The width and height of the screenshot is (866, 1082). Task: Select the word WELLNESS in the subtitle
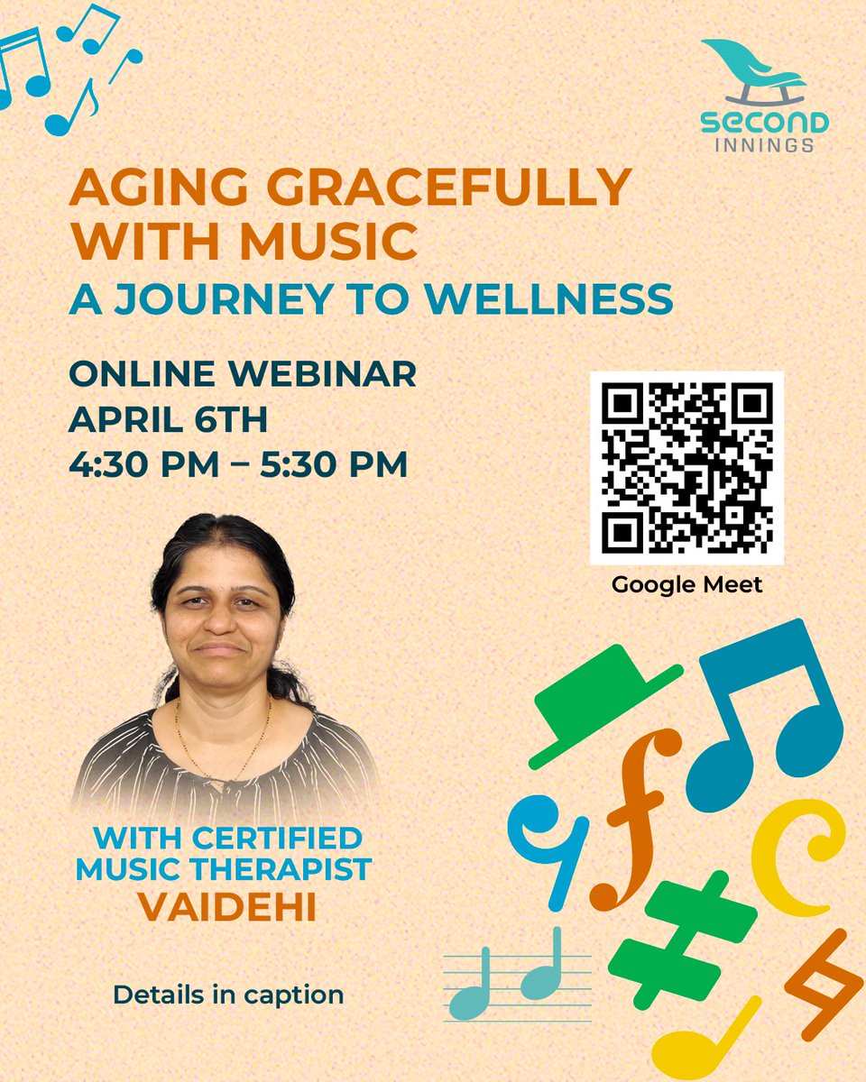click(568, 298)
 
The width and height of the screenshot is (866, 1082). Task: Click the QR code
click(686, 468)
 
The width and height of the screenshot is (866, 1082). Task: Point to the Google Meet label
click(686, 584)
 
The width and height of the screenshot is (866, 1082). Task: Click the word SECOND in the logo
click(765, 122)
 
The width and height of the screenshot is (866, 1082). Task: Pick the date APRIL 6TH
click(169, 419)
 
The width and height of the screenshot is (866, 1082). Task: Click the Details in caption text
click(228, 995)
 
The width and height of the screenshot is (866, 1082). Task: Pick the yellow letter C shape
click(794, 857)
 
